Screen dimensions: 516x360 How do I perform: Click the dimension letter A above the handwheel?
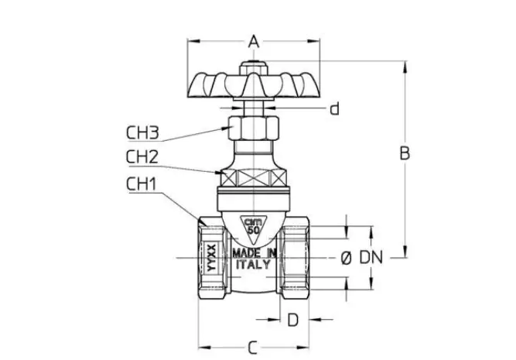click(x=254, y=42)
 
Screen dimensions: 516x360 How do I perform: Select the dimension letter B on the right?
click(x=405, y=153)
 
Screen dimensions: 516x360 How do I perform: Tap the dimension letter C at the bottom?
click(x=252, y=348)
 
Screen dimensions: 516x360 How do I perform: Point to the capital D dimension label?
click(x=293, y=320)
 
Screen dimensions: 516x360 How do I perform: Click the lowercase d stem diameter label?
click(x=334, y=108)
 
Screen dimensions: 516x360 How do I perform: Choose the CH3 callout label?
click(x=142, y=132)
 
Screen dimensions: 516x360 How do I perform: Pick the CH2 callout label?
click(x=142, y=157)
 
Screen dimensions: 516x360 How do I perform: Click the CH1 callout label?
click(x=141, y=184)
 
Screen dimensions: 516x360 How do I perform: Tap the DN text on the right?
click(x=371, y=257)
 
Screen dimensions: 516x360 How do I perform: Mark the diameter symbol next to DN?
click(x=346, y=258)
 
